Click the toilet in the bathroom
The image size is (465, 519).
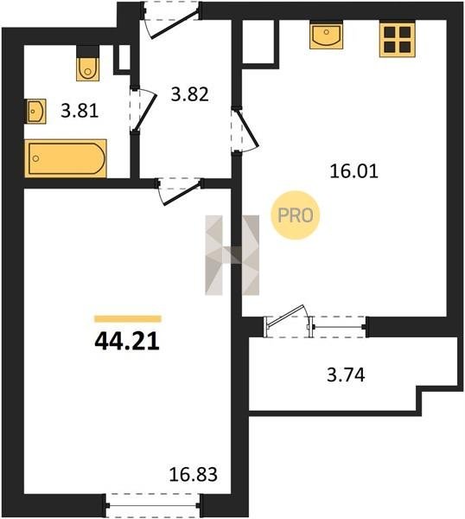87,69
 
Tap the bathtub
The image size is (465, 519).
66,158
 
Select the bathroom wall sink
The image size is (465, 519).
35,112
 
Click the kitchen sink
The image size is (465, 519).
326,35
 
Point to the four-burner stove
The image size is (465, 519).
397,40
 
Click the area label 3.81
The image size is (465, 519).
80,111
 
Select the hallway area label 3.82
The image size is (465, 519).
190,94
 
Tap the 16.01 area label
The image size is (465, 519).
354,172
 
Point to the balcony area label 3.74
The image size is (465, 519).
346,375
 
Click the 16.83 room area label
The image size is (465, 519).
193,474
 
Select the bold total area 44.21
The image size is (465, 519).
127,342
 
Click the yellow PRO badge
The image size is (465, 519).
296,215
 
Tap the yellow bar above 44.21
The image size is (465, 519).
128,318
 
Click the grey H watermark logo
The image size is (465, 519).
232,255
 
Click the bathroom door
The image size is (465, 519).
143,111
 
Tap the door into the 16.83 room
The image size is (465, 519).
180,191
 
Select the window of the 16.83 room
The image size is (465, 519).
152,505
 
